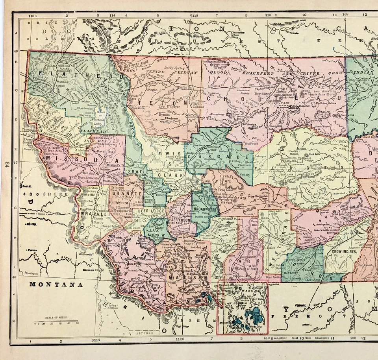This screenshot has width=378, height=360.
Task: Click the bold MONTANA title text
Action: (x=56, y=284)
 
